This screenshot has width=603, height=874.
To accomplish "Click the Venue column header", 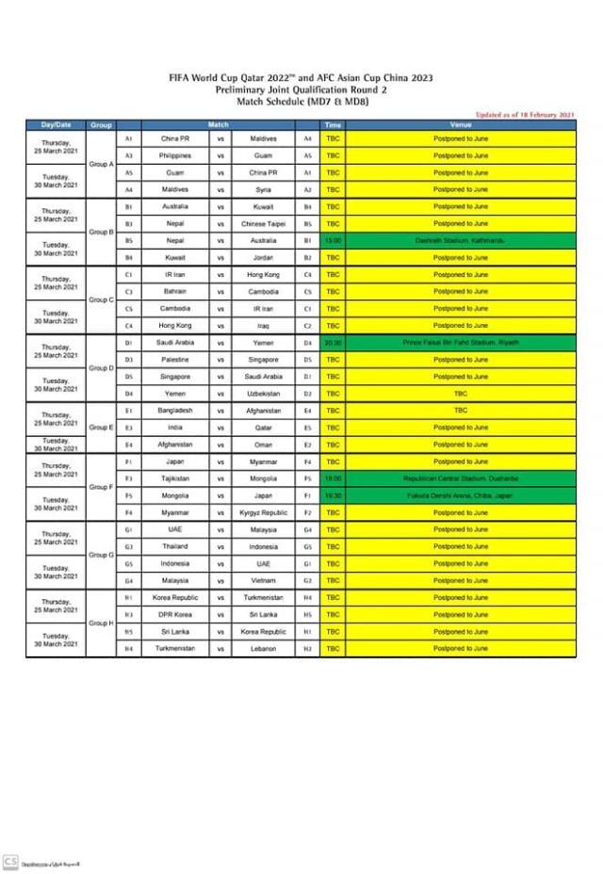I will coord(461,124).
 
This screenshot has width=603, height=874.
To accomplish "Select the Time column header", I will coord(333,124).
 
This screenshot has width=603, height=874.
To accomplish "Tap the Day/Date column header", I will coord(56,124).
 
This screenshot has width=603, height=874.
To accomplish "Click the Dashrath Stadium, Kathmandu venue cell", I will coord(461,240).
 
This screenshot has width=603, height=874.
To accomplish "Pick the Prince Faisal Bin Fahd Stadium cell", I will coord(461,342).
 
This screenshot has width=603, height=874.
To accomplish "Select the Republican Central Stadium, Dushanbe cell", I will coord(461,478).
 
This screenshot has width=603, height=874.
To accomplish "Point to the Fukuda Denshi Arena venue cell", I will coord(461,495).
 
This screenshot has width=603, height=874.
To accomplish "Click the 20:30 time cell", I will coord(333,342).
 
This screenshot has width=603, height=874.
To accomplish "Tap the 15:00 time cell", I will coord(333,240).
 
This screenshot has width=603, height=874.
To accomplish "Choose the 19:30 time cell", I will coord(333,495).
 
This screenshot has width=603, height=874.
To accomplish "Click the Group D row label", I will coord(101,367).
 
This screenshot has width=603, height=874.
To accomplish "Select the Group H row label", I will coord(101,623).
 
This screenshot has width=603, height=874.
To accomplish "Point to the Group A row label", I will coord(101,163).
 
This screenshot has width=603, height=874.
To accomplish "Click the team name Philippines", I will coord(175,155).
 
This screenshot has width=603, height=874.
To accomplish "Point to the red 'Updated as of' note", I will coord(525,114).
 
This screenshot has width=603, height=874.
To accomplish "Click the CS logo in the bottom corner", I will coord(10,861).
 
